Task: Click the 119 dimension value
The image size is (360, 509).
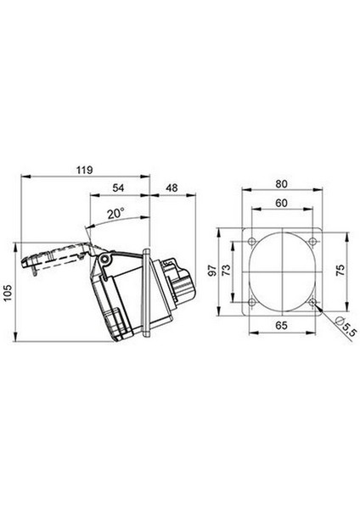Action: coord(84,170)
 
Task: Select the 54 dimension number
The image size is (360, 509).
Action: coord(118,187)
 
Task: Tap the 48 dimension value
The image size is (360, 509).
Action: coord(172,187)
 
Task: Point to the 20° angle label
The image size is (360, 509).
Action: coord(116,214)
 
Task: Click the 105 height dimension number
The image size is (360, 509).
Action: coord(7,293)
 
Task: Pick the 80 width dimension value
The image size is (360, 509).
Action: coord(281,184)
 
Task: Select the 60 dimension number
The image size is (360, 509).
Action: coord(281,203)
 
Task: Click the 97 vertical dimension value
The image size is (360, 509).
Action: coord(212,271)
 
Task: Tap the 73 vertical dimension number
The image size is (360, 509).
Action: coord(226,270)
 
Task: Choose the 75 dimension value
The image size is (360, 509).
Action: coord(340,271)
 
